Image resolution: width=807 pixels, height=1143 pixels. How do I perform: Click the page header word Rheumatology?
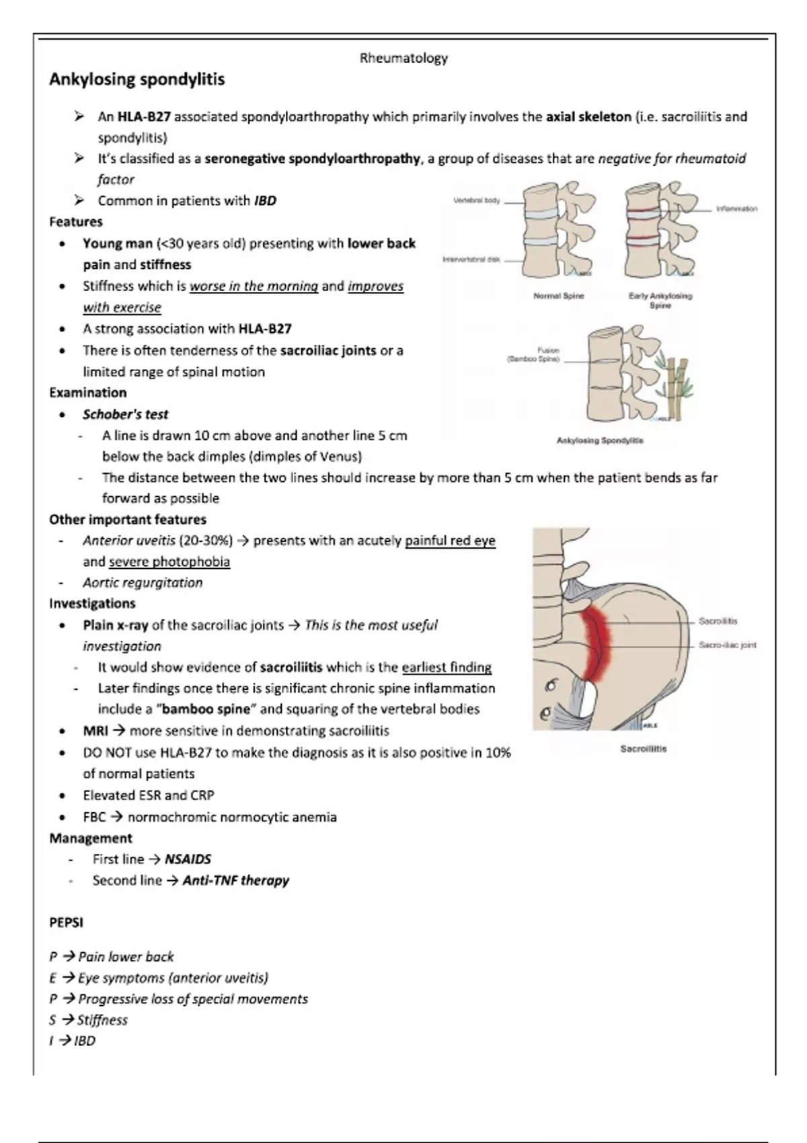[x=403, y=58]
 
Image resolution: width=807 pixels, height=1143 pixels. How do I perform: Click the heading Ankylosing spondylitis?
[x=137, y=79]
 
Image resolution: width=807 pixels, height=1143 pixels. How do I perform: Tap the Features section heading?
[x=76, y=222]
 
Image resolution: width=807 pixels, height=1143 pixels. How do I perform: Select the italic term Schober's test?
[x=125, y=414]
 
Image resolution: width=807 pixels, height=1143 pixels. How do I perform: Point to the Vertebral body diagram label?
[x=476, y=200]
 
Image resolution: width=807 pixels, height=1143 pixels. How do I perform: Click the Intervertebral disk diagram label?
[x=471, y=260]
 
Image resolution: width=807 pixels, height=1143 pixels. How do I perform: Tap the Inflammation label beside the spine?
[x=736, y=209]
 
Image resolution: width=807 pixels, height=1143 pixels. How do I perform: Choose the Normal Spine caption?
[x=558, y=296]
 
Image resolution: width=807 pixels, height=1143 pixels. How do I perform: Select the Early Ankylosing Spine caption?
[x=660, y=300]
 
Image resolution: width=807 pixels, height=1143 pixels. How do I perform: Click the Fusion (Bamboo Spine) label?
[x=535, y=354]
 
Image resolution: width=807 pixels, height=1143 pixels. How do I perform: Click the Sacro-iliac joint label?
[x=727, y=645]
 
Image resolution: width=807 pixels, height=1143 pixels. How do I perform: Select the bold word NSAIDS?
[x=188, y=859]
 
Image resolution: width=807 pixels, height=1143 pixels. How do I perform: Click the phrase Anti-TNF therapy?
[x=235, y=881]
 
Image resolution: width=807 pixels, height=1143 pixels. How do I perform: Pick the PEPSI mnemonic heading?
[x=66, y=922]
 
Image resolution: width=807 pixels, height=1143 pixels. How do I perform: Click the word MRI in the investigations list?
[x=95, y=731]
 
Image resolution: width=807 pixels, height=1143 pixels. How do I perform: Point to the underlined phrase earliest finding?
[x=447, y=668]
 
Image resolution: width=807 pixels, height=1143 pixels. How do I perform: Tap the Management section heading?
[x=90, y=838]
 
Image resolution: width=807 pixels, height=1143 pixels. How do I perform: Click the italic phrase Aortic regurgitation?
[x=143, y=583]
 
